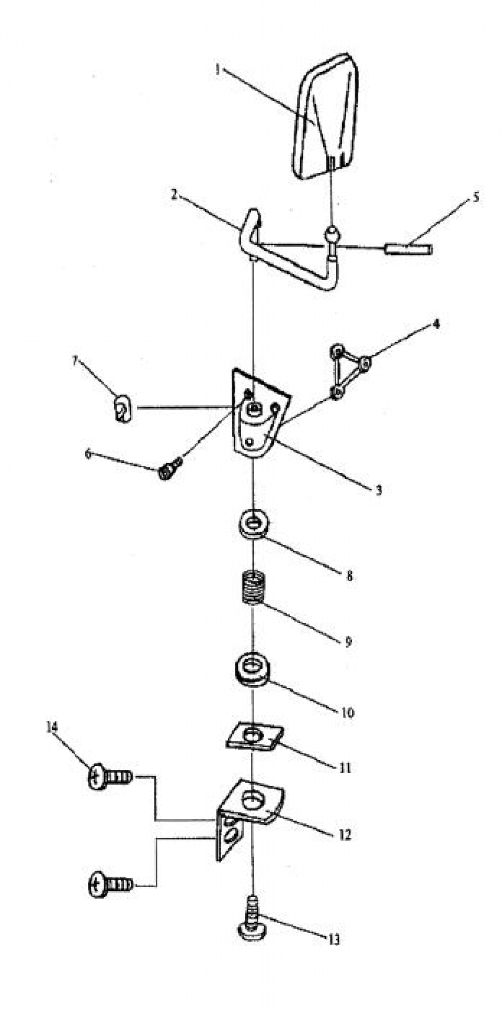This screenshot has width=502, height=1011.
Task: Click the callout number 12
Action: point(344,835)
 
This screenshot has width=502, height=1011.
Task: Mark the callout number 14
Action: point(51,727)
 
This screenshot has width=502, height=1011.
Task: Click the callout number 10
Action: point(347,713)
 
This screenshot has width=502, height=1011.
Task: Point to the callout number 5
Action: point(475,197)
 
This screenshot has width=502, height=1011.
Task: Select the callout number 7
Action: point(75,360)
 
